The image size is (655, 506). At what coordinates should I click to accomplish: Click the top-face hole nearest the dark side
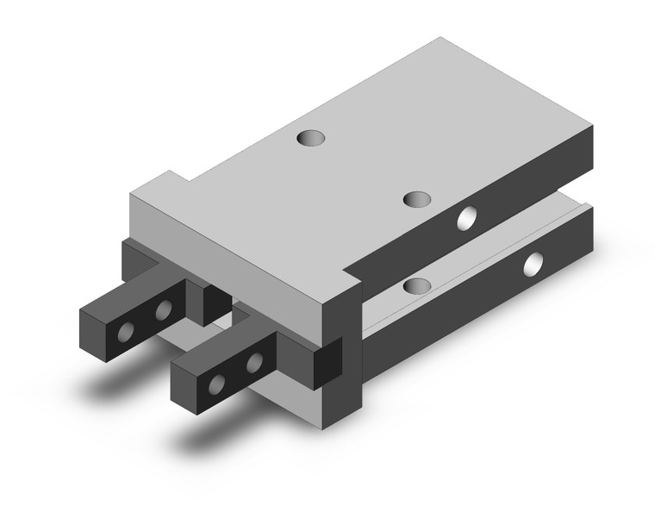point(416,199)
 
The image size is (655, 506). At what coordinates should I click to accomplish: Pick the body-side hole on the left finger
point(162,309)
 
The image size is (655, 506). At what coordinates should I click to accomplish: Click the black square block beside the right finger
point(328,362)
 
